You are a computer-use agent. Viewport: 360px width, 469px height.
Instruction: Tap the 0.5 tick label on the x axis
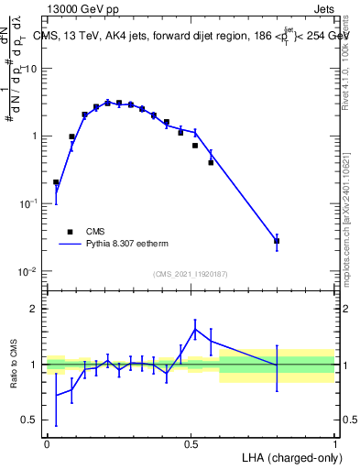coord(191,442)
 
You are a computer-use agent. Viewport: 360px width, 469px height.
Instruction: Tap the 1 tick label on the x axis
coord(334,442)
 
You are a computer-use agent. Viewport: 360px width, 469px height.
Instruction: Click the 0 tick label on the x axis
coord(47,442)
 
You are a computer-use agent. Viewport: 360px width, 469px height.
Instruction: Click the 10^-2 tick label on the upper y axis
coord(30,272)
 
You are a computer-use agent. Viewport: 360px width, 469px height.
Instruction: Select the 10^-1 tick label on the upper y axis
coord(30,204)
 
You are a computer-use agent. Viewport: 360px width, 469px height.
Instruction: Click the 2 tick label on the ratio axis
coord(35,309)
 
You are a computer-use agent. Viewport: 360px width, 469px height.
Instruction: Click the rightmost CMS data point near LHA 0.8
coord(277,241)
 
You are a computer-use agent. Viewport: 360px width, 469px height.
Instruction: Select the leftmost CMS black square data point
coord(56,182)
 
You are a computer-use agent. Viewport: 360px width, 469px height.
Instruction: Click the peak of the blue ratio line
coord(195,329)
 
